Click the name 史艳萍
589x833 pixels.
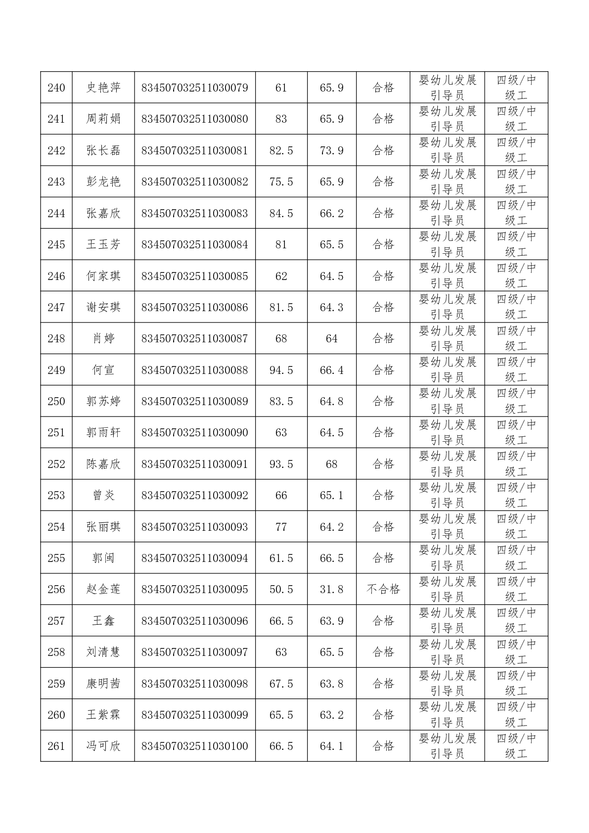[x=103, y=88]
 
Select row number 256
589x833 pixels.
[x=56, y=589]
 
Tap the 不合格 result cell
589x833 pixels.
[x=383, y=589]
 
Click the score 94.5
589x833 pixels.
[x=281, y=370]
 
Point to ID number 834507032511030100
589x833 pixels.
[x=194, y=746]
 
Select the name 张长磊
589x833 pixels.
[x=103, y=150]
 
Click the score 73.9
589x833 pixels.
[x=331, y=150]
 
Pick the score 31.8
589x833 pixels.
[x=331, y=589]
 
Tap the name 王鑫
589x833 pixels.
[x=103, y=621]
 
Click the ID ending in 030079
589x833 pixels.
[x=194, y=88]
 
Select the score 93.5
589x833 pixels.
[x=281, y=464]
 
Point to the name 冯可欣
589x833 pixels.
[x=103, y=746]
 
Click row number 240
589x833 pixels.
[x=56, y=88]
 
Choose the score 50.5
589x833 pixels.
[x=281, y=589]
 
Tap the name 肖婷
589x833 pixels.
[x=103, y=338]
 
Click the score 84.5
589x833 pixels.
[x=281, y=213]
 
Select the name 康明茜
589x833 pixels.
[x=103, y=684]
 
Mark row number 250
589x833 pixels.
[x=56, y=401]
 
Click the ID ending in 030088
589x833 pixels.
[x=194, y=370]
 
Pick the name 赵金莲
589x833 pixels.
[x=103, y=589]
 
